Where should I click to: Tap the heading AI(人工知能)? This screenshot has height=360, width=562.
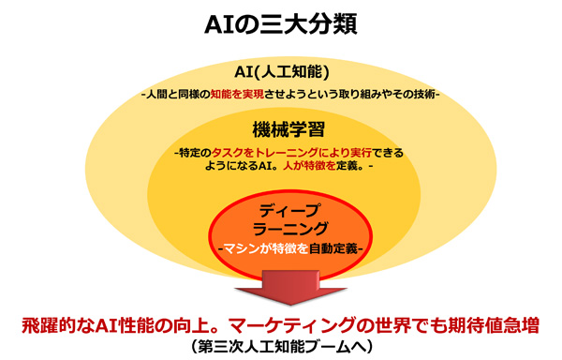280,73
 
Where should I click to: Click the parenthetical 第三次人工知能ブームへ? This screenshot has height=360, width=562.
281,347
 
